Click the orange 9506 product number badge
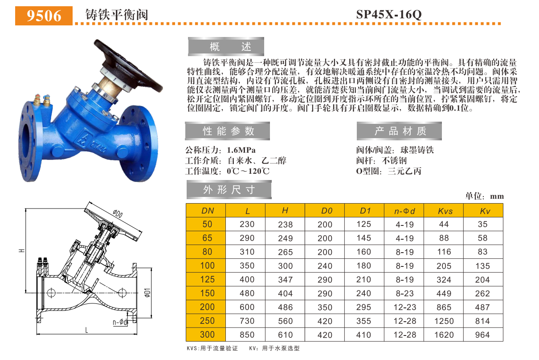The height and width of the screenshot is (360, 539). [44, 16]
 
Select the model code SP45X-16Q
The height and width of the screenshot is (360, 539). [388, 14]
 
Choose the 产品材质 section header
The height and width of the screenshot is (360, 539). [400, 131]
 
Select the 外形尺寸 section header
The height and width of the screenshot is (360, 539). [229, 189]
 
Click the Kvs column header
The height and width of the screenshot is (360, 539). [445, 211]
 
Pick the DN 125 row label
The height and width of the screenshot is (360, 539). [208, 279]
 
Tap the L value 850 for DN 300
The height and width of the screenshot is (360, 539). [247, 335]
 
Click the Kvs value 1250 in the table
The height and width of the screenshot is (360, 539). [445, 321]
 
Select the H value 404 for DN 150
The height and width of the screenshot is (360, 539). [286, 293]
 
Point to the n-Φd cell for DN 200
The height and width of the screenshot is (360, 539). [404, 307]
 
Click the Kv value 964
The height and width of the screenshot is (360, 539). [483, 335]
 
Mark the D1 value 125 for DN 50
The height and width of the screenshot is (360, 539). [363, 224]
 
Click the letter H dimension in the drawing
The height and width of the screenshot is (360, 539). [21, 251]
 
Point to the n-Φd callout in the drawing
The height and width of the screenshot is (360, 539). [120, 322]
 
